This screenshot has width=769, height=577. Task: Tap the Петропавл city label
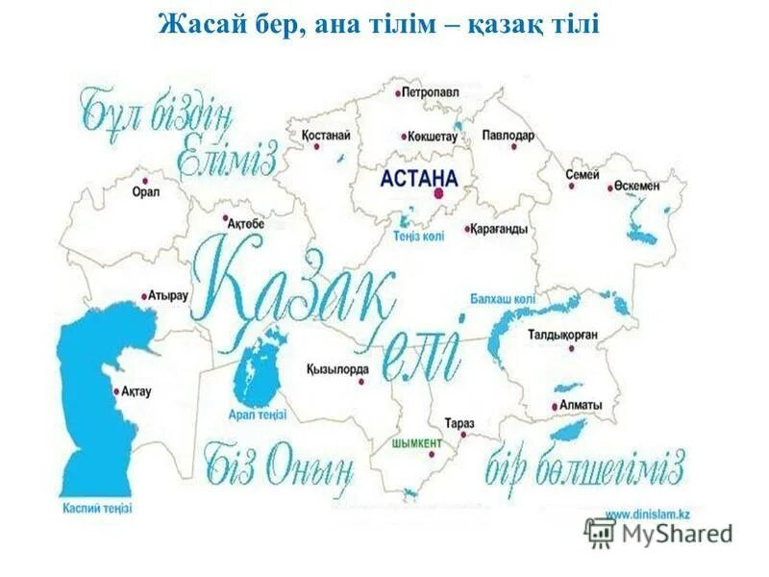tap(433, 93)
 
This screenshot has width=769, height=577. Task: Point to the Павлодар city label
tap(508, 136)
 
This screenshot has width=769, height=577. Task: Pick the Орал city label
tap(146, 191)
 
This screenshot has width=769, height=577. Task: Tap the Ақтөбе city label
tap(246, 224)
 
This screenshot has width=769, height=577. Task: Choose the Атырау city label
tap(168, 295)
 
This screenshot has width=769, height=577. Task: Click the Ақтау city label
tap(136, 391)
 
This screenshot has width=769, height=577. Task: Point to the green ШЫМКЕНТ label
tap(417, 443)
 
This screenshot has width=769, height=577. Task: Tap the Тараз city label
tap(459, 423)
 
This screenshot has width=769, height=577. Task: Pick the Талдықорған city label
tap(563, 335)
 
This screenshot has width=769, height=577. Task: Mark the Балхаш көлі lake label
tap(503, 300)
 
